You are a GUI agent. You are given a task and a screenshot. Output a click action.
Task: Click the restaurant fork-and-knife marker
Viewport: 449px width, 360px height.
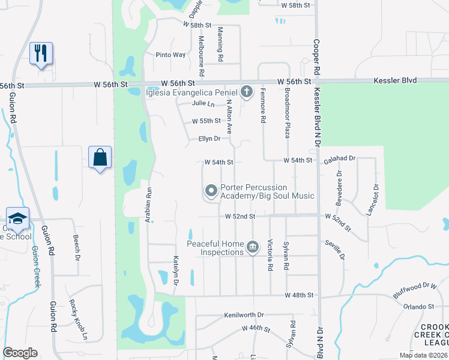click(41, 53)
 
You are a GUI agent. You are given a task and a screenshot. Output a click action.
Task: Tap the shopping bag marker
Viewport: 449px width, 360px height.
click(100, 158)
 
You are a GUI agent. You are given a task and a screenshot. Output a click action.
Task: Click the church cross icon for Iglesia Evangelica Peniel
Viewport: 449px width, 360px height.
click(246, 92)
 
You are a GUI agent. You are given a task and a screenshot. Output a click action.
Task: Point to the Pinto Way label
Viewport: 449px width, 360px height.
click(170, 55)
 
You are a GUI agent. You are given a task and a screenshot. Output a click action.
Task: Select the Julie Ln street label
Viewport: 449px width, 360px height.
click(203, 103)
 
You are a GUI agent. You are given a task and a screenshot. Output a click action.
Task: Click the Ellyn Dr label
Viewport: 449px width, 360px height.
click(209, 139)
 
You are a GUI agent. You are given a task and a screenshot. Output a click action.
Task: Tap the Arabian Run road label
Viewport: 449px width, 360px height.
click(148, 205)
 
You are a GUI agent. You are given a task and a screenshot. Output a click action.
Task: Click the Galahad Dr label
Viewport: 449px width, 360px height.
click(340, 159)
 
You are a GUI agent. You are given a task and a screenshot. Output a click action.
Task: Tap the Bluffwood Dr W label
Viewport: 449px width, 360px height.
click(414, 286)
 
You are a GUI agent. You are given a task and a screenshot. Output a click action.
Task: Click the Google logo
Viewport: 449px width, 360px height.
click(20, 353)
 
